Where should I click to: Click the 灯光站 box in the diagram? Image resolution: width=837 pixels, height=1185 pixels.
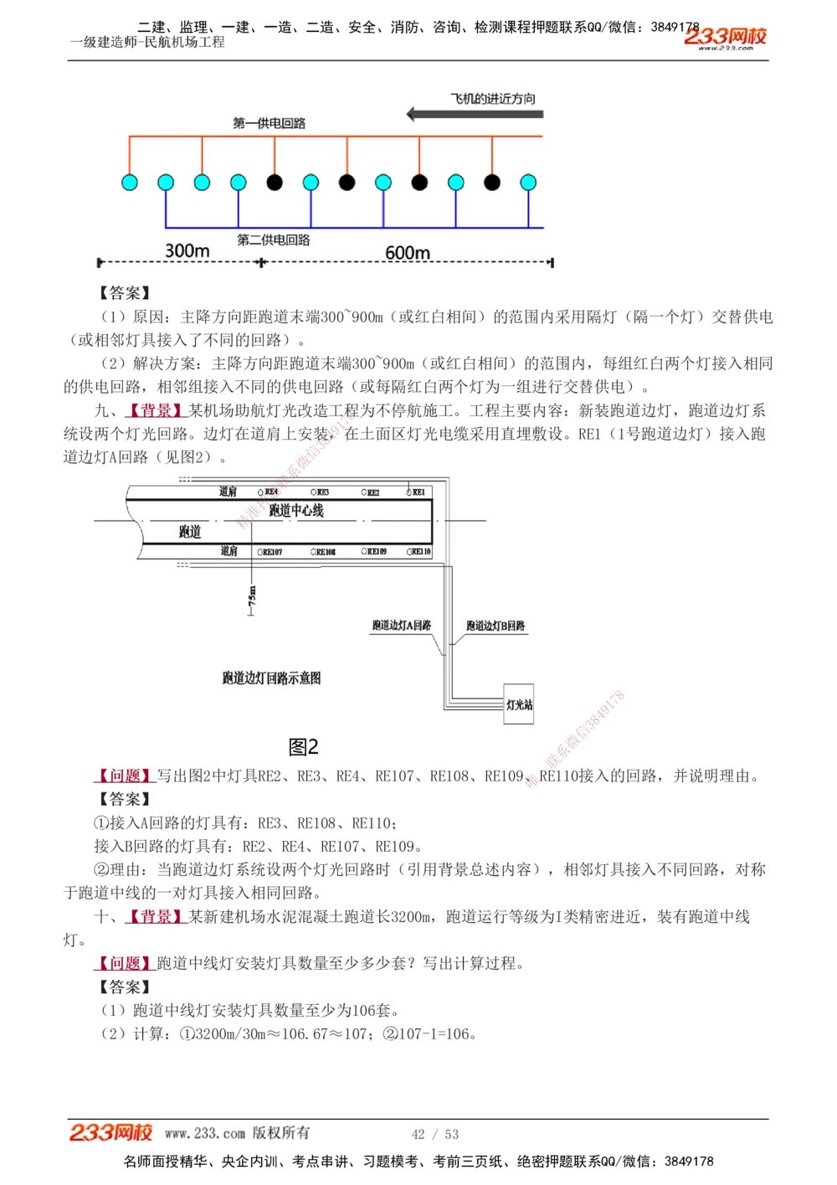pos(519,705)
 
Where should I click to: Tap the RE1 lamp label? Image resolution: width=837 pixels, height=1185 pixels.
pos(418,492)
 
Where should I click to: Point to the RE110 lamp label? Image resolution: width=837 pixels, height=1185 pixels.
pos(421,552)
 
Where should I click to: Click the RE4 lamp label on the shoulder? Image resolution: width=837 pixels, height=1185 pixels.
pos(270,492)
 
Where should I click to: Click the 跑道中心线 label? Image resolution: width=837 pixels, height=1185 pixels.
pos(296,510)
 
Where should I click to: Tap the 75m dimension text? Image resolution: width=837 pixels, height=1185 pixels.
pos(253,596)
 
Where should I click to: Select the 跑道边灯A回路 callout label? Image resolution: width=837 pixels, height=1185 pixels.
pos(402,626)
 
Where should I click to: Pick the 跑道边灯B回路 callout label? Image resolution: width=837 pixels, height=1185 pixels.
pos(496,626)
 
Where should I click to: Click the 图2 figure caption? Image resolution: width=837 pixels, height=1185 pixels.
pos(303,746)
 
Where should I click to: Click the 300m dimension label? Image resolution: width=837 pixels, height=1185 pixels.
pos(187,250)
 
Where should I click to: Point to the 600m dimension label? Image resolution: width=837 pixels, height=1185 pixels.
pos(408,252)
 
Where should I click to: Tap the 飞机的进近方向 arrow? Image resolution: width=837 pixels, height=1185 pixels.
pos(475,114)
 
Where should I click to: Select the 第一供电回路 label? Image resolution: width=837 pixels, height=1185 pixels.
pos(269,123)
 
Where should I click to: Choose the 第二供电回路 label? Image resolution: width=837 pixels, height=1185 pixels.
pos(274,240)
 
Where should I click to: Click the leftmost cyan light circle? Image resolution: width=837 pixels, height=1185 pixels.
pos(130,182)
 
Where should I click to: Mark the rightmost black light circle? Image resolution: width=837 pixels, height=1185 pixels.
pos(492,182)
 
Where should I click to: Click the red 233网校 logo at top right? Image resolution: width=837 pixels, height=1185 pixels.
pos(725,37)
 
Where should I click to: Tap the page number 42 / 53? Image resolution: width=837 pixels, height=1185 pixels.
pos(435,1134)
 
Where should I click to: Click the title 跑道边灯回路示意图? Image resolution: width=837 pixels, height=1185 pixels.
pos(271,678)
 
